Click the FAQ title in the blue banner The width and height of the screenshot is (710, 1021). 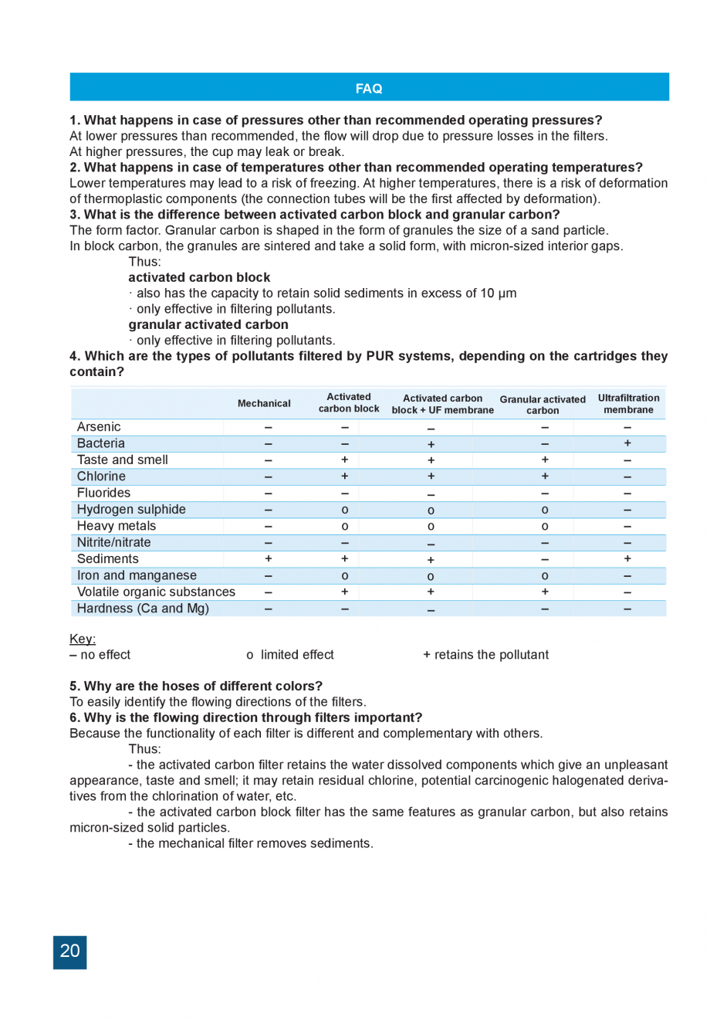coord(369,88)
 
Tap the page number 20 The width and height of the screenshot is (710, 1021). coord(69,951)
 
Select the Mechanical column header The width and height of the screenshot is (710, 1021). coord(264,403)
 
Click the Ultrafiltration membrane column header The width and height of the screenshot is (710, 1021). coord(628,404)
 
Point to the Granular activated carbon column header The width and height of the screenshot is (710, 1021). coord(543,405)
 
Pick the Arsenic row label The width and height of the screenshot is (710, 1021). coord(99,427)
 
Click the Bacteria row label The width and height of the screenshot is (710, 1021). coord(100,443)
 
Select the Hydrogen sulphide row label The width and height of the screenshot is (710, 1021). coord(131,510)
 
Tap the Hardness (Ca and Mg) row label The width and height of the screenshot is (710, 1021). coord(143,609)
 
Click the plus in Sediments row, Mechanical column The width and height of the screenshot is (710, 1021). coord(268,558)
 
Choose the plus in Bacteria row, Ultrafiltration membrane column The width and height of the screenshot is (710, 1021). coord(627,443)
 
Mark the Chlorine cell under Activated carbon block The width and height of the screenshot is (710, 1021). coord(344,477)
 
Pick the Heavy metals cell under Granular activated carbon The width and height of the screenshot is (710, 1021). coord(545,526)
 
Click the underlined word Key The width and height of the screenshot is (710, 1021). coord(82,639)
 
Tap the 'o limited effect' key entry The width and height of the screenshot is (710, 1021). coord(290,655)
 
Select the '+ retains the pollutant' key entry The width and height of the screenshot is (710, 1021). coord(486,655)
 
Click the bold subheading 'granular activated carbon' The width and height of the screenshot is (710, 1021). coord(208,324)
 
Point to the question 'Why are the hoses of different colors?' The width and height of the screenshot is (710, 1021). coord(196,686)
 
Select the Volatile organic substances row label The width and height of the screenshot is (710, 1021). coord(156,592)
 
